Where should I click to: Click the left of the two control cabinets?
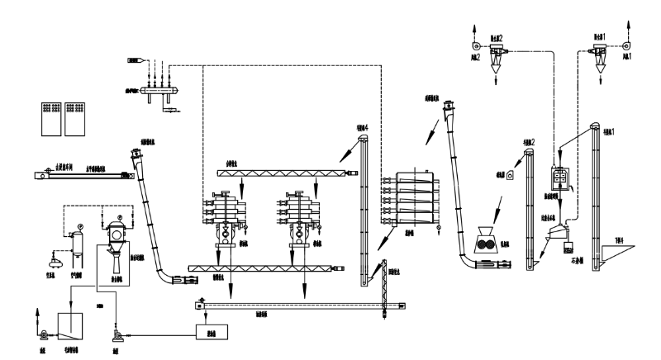(51, 120)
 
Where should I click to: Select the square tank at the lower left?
(71, 328)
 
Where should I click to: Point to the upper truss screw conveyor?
(282, 173)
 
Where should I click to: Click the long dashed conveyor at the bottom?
(297, 306)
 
